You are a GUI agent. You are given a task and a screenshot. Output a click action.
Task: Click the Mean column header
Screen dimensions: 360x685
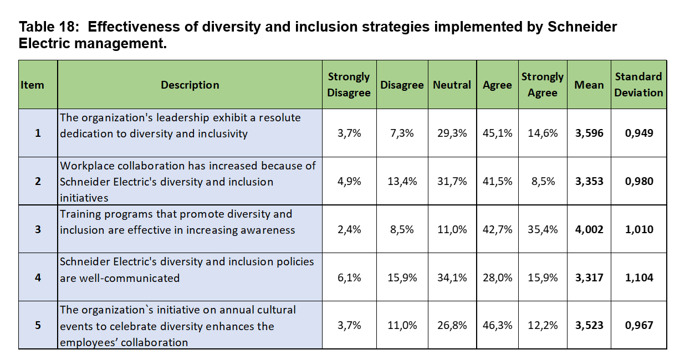pyautogui.click(x=589, y=85)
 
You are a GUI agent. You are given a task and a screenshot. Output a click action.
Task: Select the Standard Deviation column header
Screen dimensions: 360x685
pyautogui.click(x=638, y=85)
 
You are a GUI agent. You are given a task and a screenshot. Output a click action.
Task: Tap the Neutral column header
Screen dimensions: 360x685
pyautogui.click(x=452, y=85)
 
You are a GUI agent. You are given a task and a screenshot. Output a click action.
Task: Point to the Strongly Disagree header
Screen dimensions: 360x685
pyautogui.click(x=349, y=85)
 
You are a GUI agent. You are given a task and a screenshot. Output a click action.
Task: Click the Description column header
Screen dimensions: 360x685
pyautogui.click(x=190, y=85)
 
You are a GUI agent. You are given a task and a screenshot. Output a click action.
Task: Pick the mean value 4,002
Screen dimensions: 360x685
pyautogui.click(x=589, y=230)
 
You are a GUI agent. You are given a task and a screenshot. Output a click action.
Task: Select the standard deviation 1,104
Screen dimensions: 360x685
pyautogui.click(x=639, y=278)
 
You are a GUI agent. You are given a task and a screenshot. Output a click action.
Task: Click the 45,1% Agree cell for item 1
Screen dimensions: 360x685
pyautogui.click(x=497, y=133)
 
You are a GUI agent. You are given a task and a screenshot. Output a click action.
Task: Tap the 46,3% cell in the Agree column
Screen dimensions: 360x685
pyautogui.click(x=497, y=326)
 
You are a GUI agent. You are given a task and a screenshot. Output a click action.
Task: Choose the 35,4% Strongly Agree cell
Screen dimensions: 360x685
pyautogui.click(x=543, y=230)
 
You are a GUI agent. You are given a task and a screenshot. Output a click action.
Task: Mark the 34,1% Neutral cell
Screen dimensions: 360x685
pyautogui.click(x=452, y=278)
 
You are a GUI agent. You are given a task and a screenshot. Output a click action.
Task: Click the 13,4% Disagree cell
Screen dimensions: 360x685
pyautogui.click(x=402, y=182)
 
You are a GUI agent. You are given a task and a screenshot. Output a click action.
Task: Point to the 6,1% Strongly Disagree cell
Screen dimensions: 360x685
pyautogui.click(x=349, y=278)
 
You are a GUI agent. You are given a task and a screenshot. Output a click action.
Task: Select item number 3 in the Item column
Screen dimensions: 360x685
pyautogui.click(x=38, y=230)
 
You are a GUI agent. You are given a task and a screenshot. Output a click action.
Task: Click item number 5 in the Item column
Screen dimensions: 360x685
pyautogui.click(x=38, y=326)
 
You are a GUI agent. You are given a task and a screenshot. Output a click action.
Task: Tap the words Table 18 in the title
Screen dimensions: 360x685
pyautogui.click(x=48, y=27)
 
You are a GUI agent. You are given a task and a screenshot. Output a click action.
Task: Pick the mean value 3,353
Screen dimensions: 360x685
pyautogui.click(x=589, y=182)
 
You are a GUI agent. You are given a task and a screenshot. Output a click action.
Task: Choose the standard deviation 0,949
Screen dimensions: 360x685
pyautogui.click(x=639, y=133)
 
